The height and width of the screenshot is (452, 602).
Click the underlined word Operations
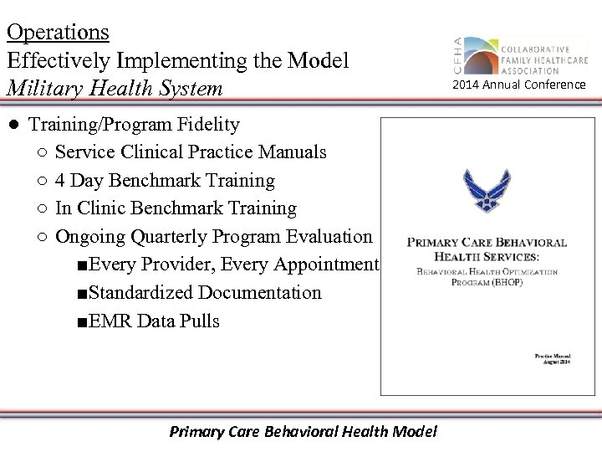[58, 32]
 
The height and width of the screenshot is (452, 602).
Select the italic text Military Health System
[115, 88]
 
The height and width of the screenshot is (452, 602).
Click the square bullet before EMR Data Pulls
[79, 321]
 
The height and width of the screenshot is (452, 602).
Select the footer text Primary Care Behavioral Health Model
[303, 432]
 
